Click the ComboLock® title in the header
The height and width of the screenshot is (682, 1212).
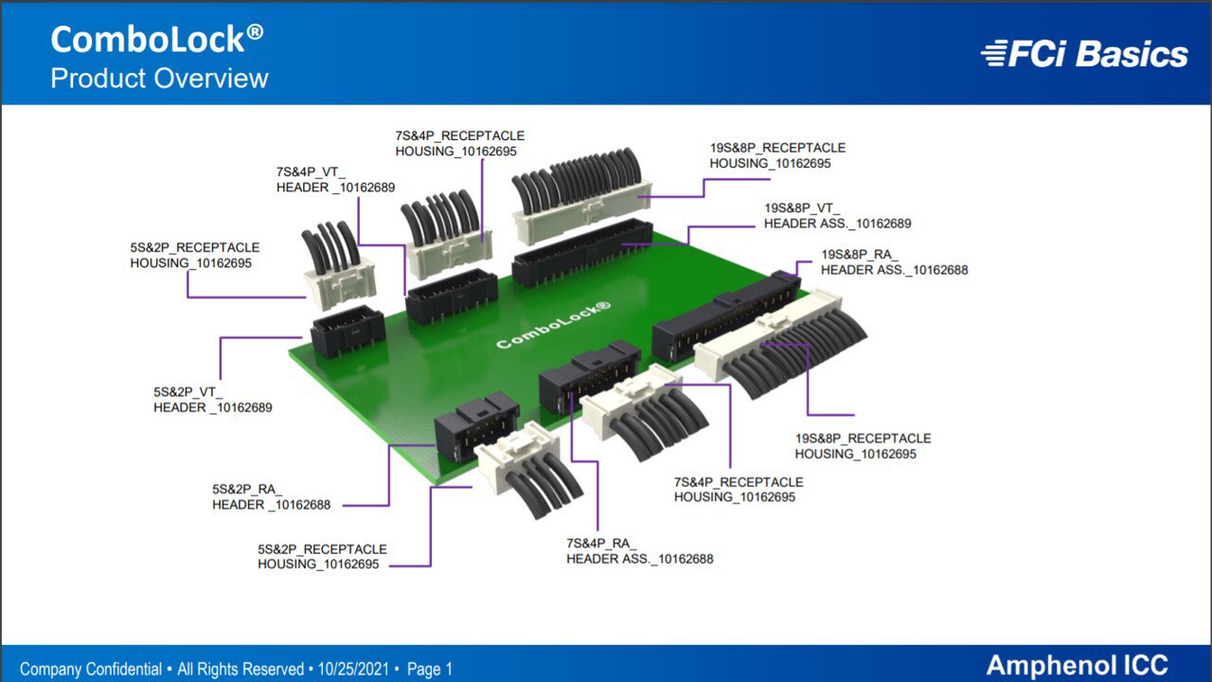(157, 39)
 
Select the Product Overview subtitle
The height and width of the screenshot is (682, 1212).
(159, 79)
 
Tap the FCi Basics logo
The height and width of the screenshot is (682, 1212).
(1084, 54)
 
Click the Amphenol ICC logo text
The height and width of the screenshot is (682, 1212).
(1077, 665)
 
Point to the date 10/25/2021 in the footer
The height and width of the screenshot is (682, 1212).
(353, 669)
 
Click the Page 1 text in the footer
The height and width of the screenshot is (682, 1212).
(430, 669)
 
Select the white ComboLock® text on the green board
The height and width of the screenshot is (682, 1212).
(554, 325)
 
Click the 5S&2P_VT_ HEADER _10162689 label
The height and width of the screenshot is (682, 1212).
(213, 400)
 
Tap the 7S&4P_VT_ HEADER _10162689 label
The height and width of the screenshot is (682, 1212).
(335, 180)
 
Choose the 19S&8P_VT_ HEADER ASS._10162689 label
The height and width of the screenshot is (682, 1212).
(838, 215)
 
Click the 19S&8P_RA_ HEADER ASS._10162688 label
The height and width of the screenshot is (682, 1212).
(895, 262)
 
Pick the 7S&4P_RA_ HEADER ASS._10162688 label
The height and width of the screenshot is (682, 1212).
(639, 551)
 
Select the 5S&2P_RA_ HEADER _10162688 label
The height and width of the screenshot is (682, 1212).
(271, 497)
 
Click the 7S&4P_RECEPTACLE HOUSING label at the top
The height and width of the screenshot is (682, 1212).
(460, 143)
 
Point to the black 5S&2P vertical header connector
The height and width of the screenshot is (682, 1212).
(348, 331)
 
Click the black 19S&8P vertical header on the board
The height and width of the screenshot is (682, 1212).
(582, 253)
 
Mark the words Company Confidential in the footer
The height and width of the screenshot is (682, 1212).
(91, 669)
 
